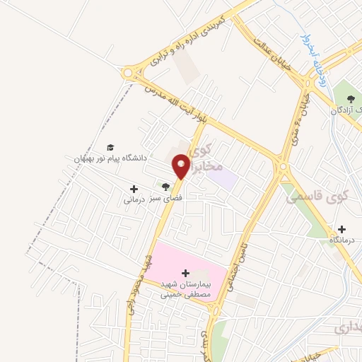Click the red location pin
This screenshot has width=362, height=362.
click(181, 166)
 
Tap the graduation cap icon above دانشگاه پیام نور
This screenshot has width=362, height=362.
click(111, 146)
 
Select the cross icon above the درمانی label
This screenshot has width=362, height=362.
click(134, 189)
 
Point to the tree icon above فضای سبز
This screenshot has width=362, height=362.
click(165, 187)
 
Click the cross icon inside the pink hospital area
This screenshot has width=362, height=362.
click(186, 272)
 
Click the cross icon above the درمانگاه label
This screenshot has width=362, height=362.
click(342, 229)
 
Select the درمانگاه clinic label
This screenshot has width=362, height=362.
click(344, 241)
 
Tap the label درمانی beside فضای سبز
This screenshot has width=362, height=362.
click(134, 200)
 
